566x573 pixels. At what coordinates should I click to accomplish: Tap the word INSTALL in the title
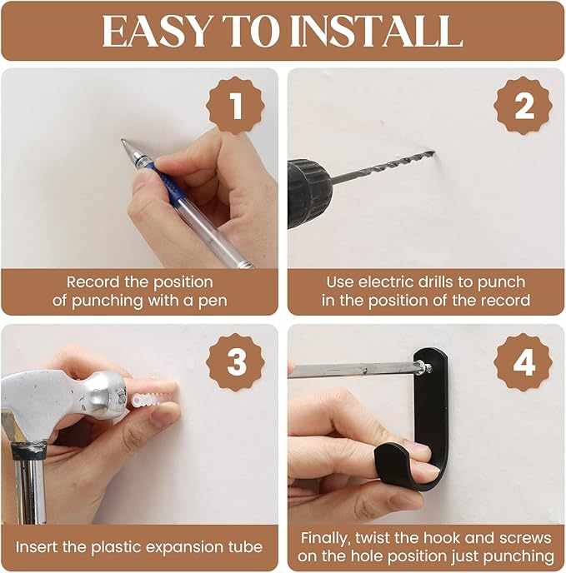coord(377,32)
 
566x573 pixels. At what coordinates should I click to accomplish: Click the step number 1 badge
coord(236,106)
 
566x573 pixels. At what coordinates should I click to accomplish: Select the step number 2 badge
coord(523,106)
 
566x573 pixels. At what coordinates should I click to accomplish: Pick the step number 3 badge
coord(236,362)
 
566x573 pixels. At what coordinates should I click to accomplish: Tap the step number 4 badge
coord(523,362)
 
